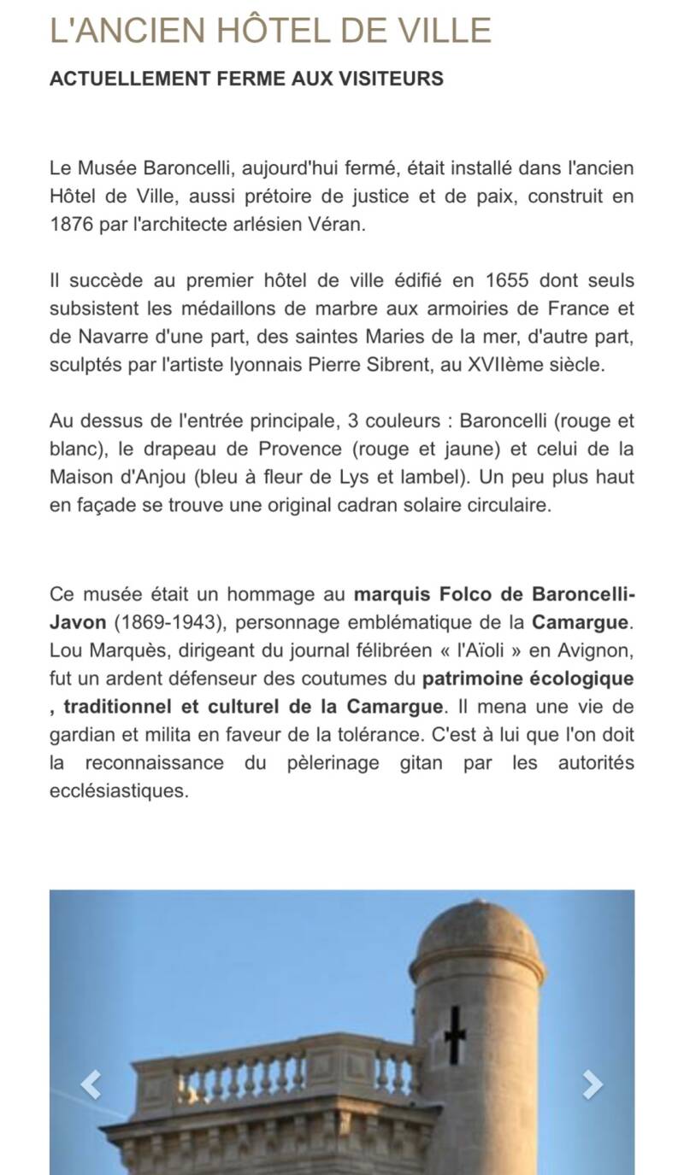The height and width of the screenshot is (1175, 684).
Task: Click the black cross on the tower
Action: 455,1035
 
